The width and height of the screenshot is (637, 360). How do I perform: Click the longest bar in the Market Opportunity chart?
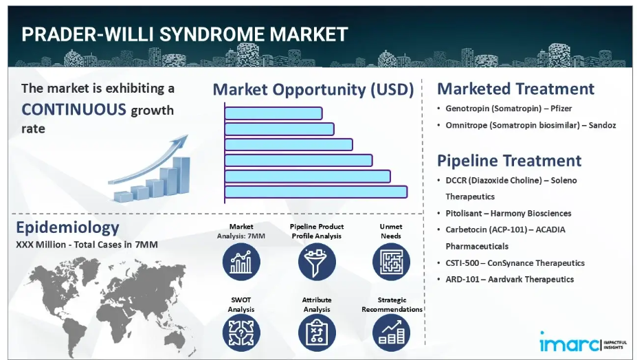pyautogui.click(x=315, y=192)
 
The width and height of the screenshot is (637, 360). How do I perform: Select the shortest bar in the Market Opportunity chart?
pyautogui.click(x=273, y=113)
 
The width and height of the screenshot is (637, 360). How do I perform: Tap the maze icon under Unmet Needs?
pyautogui.click(x=391, y=262)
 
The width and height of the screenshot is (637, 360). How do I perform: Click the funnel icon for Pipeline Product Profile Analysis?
pyautogui.click(x=317, y=262)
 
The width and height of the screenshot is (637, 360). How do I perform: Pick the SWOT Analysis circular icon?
pyautogui.click(x=241, y=333)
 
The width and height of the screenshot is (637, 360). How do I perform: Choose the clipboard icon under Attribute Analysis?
pyautogui.click(x=317, y=333)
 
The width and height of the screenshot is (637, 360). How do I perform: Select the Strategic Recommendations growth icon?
pyautogui.click(x=391, y=333)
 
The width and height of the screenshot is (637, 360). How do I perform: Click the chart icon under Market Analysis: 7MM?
pyautogui.click(x=241, y=262)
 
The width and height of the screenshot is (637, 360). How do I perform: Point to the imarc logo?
pyautogui.click(x=583, y=342)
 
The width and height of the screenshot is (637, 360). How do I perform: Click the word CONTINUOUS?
pyautogui.click(x=74, y=110)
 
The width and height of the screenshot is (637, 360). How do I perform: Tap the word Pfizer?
pyautogui.click(x=561, y=109)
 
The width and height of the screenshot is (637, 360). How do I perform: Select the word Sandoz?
pyautogui.click(x=602, y=125)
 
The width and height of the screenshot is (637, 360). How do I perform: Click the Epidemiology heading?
pyautogui.click(x=67, y=227)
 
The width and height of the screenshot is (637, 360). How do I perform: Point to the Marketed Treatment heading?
pyautogui.click(x=515, y=89)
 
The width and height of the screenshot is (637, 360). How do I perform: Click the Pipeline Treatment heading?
pyautogui.click(x=509, y=161)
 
